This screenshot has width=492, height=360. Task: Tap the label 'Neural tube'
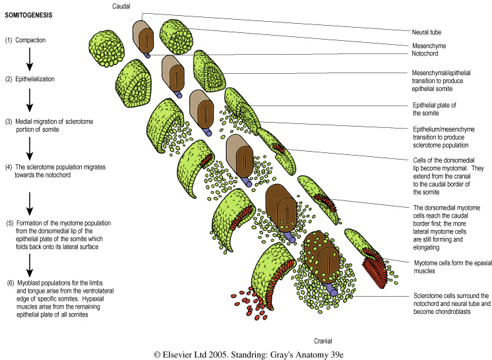coord(423,32)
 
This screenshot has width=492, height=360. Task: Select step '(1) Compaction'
coord(28,40)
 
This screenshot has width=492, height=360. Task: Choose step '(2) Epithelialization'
coord(34,79)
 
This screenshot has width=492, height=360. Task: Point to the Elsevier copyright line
coord(246,353)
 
